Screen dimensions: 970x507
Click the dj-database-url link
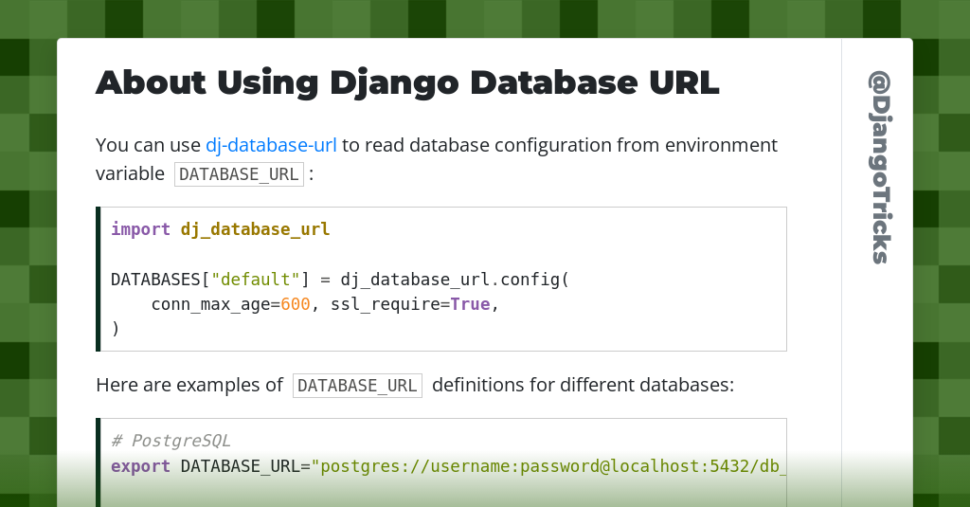click(271, 145)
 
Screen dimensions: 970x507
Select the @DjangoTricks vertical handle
click(879, 167)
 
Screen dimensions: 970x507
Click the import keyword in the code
click(140, 229)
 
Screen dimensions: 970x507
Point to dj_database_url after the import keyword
click(255, 229)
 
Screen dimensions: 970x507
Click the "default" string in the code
click(256, 280)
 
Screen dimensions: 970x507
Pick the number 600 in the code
click(296, 304)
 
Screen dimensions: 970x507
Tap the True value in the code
click(470, 304)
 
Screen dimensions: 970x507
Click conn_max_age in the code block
click(210, 304)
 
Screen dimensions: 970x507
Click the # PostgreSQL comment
click(171, 441)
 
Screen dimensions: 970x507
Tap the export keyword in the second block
click(140, 466)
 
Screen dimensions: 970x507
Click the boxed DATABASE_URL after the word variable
click(239, 174)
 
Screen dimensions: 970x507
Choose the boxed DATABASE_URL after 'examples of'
click(357, 386)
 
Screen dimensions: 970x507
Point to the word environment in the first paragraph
click(721, 145)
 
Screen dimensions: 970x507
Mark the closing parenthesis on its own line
click(115, 329)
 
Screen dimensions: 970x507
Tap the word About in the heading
click(151, 82)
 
